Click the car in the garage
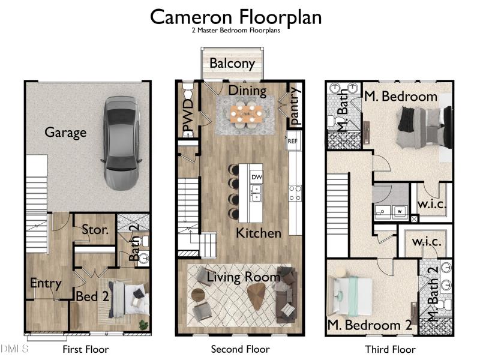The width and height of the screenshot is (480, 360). pyautogui.click(x=121, y=143)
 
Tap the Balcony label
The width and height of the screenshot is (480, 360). pyautogui.click(x=232, y=64)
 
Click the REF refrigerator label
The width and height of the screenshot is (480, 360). pyautogui.click(x=292, y=141)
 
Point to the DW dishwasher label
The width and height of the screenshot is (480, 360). pyautogui.click(x=257, y=177)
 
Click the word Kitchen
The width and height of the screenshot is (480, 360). pyautogui.click(x=259, y=233)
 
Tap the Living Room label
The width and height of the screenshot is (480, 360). pyautogui.click(x=244, y=277)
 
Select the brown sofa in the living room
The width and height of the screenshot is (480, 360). pyautogui.click(x=286, y=295)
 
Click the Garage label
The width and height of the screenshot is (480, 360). pyautogui.click(x=65, y=133)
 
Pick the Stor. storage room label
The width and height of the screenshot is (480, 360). pyautogui.click(x=95, y=230)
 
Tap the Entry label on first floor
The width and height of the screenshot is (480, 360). pyautogui.click(x=46, y=283)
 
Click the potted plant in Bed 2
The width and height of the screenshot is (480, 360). pyautogui.click(x=143, y=325)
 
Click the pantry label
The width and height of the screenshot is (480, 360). pyautogui.click(x=294, y=106)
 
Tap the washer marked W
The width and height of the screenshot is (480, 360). pyautogui.click(x=400, y=211)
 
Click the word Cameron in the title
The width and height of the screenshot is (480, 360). pyautogui.click(x=191, y=17)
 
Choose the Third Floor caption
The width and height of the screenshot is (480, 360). pyautogui.click(x=391, y=349)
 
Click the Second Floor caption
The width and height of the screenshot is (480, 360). pyautogui.click(x=241, y=349)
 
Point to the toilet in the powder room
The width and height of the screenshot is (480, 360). pyautogui.click(x=187, y=91)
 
